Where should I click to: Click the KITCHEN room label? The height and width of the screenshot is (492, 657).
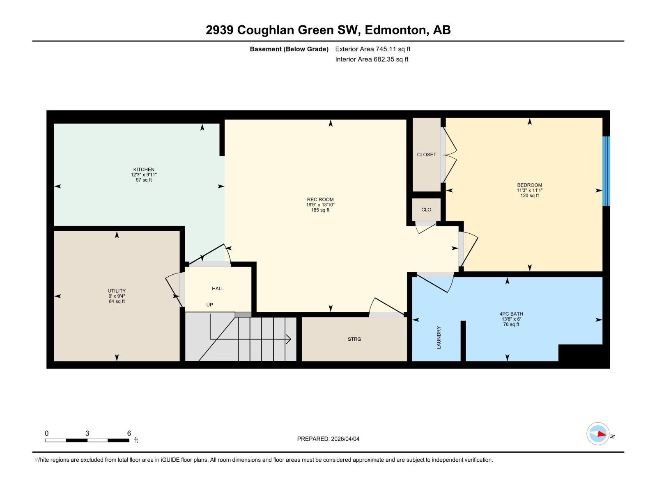click(144, 169)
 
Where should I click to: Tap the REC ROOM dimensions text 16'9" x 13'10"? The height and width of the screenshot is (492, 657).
click(320, 205)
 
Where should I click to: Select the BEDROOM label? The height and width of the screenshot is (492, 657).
click(529, 185)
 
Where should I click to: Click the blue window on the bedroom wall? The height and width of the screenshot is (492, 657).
click(606, 171)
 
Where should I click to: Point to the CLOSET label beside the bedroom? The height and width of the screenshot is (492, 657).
click(426, 155)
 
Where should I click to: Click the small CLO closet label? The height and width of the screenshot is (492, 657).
click(426, 210)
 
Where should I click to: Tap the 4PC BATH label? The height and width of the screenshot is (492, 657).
click(511, 314)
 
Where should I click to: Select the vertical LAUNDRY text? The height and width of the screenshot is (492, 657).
click(439, 337)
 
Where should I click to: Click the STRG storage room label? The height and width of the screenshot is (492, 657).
click(354, 339)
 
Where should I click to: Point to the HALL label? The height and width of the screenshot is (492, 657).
click(218, 289)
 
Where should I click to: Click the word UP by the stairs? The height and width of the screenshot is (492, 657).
click(209, 305)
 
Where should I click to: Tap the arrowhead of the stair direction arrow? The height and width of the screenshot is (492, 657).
click(289, 339)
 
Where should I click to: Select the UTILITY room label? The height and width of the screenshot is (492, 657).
click(117, 291)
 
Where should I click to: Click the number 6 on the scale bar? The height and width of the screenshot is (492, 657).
click(129, 433)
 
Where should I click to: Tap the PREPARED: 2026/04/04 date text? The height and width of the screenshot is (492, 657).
click(328, 439)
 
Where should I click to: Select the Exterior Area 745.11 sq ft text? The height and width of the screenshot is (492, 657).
click(372, 49)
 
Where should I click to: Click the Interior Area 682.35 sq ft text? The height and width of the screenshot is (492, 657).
click(372, 59)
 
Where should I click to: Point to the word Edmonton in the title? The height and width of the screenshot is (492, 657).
click(395, 30)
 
